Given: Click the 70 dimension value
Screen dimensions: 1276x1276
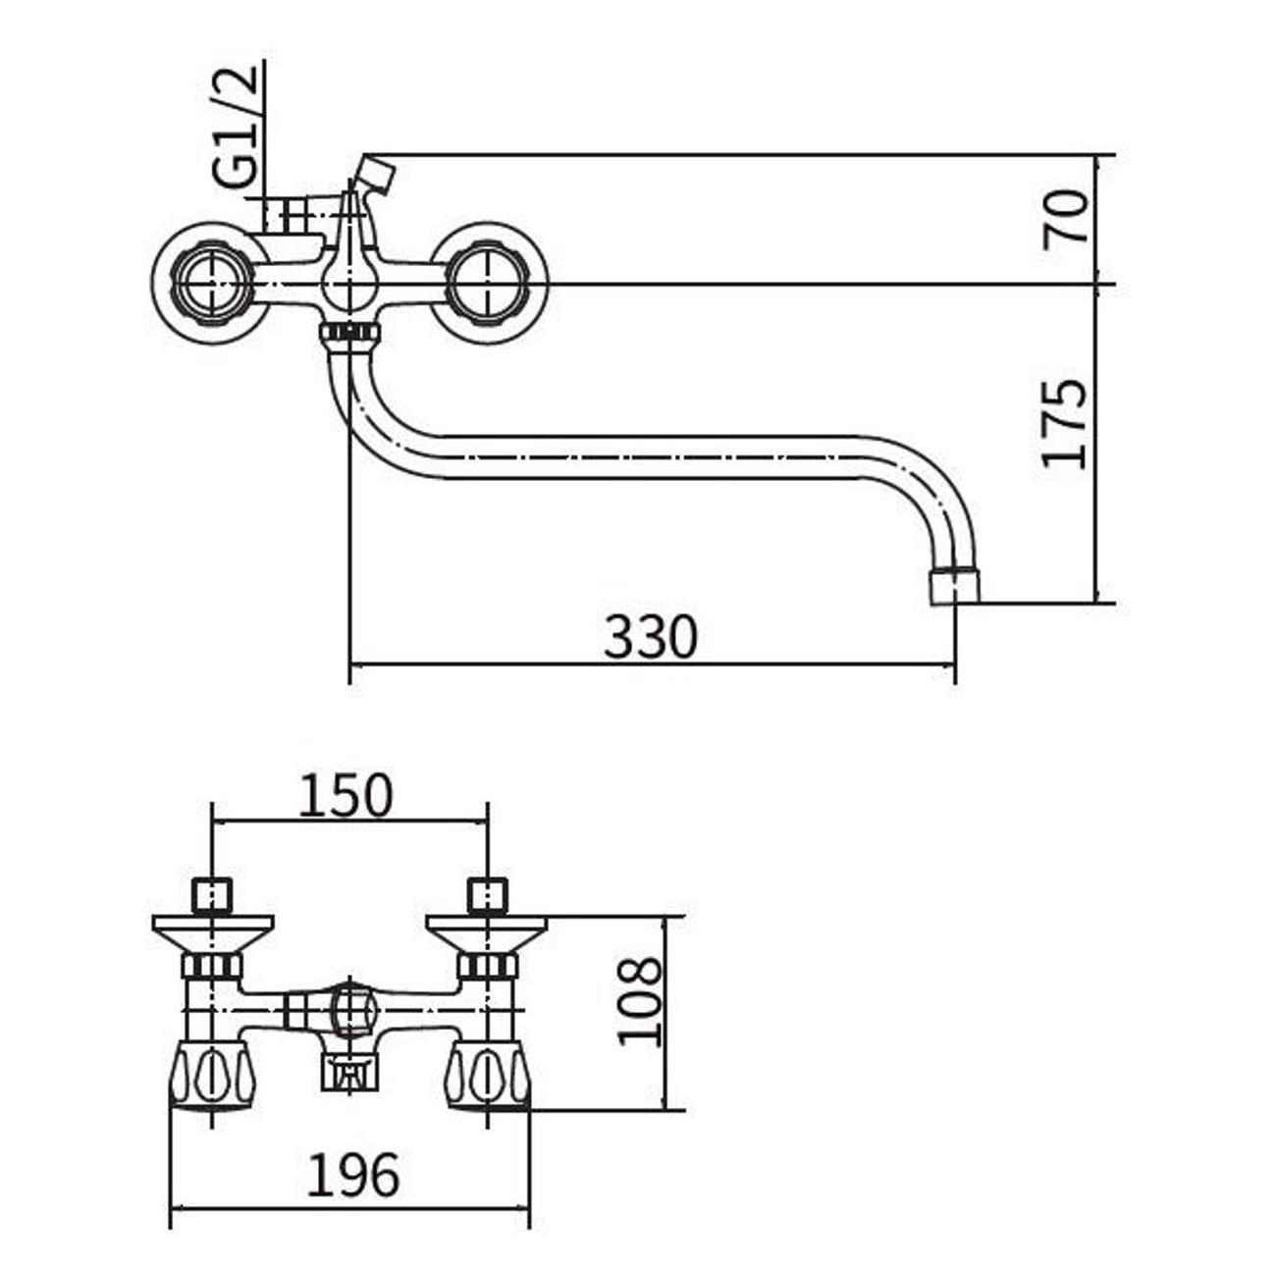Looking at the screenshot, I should [x=1067, y=218].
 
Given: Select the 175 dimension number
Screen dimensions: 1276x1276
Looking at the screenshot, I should [x=1067, y=422].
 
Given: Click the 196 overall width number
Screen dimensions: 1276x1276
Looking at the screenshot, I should [x=353, y=1174].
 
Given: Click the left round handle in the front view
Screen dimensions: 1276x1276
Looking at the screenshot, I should [x=211, y=284].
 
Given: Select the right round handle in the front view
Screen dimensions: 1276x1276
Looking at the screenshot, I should [x=487, y=284].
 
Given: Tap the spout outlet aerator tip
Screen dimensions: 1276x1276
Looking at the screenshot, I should [x=954, y=586].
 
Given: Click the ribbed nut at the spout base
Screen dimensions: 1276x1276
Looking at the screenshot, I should [x=349, y=334].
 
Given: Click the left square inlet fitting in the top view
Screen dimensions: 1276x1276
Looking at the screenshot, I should [x=212, y=895].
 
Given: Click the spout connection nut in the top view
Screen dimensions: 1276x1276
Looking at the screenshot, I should [x=349, y=1073].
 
